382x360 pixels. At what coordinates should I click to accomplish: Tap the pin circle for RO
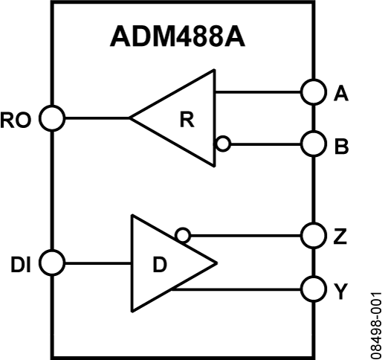tap(52, 118)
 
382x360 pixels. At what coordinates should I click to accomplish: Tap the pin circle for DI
tap(52, 263)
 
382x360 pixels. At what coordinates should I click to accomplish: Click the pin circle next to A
tap(313, 93)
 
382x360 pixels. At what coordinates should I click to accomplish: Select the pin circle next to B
tap(313, 144)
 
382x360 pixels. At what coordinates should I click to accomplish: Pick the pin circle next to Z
tap(313, 237)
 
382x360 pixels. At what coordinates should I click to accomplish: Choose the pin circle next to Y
tap(313, 288)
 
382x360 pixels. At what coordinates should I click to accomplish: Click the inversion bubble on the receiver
tap(221, 144)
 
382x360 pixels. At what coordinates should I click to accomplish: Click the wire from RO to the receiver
tap(97, 118)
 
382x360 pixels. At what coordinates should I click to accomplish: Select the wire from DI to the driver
tap(97, 263)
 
